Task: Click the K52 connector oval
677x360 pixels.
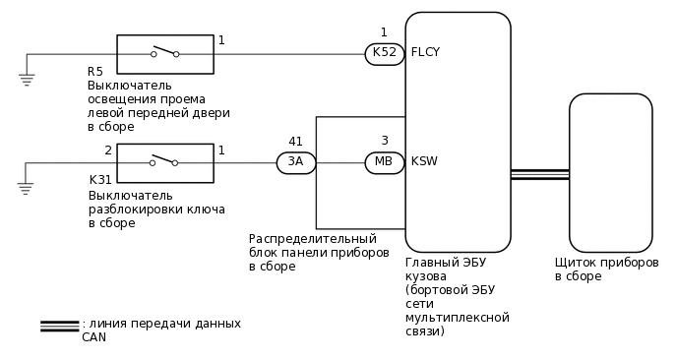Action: pos(384,54)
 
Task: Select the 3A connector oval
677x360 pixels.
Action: pos(295,162)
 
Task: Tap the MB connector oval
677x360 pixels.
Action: pos(384,162)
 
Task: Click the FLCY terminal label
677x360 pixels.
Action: pos(425,53)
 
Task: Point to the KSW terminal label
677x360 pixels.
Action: pos(424,161)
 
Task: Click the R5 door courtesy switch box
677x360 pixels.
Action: pos(165,54)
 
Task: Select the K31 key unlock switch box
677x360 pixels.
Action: pos(165,162)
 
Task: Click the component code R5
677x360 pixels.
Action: pos(94,72)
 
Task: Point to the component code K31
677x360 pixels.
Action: pos(100,180)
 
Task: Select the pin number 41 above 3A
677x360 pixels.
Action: pos(295,142)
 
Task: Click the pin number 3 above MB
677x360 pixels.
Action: pos(385,142)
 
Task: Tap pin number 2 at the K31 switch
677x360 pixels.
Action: pos(108,150)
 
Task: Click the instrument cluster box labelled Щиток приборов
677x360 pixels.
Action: pos(610,172)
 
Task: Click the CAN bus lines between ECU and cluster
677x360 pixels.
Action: pos(539,174)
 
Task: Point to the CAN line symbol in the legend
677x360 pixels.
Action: pos(59,326)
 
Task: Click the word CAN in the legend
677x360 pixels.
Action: pos(93,337)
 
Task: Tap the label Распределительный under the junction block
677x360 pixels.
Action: pos(312,239)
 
